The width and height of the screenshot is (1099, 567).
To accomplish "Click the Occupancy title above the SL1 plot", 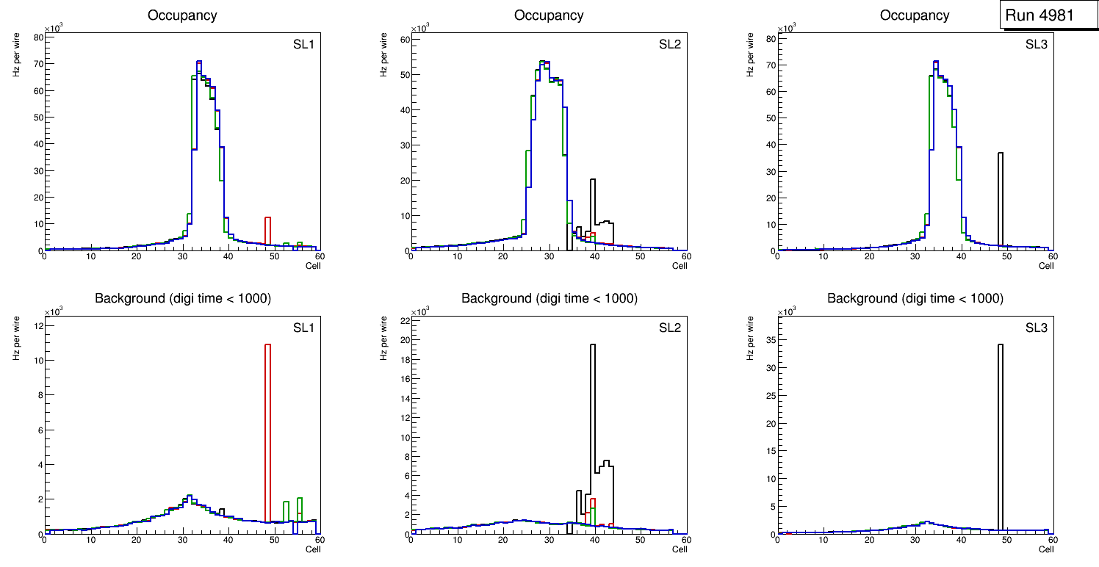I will click(182, 15).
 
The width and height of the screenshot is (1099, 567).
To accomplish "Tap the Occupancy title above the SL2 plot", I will click(549, 15).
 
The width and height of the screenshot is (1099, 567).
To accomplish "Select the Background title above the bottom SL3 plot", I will click(915, 298).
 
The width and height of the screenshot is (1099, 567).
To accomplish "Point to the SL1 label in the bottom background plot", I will click(303, 328).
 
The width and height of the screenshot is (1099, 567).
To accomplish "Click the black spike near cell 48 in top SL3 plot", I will click(1001, 198).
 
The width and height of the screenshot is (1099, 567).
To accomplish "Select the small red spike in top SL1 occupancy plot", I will click(268, 228).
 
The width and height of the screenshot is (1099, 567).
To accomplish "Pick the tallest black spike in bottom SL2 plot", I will click(592, 411).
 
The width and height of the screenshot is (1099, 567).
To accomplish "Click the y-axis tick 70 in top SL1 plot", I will click(38, 64).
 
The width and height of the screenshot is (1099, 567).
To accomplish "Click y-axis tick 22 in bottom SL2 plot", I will click(404, 322).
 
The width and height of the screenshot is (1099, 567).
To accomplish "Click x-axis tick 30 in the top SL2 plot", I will click(548, 256).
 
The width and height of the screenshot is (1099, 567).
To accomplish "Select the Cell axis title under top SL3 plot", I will click(1045, 266).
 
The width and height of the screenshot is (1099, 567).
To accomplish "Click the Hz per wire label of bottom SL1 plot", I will click(16, 338).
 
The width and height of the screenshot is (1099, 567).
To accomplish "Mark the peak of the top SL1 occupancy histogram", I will click(198, 62).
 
